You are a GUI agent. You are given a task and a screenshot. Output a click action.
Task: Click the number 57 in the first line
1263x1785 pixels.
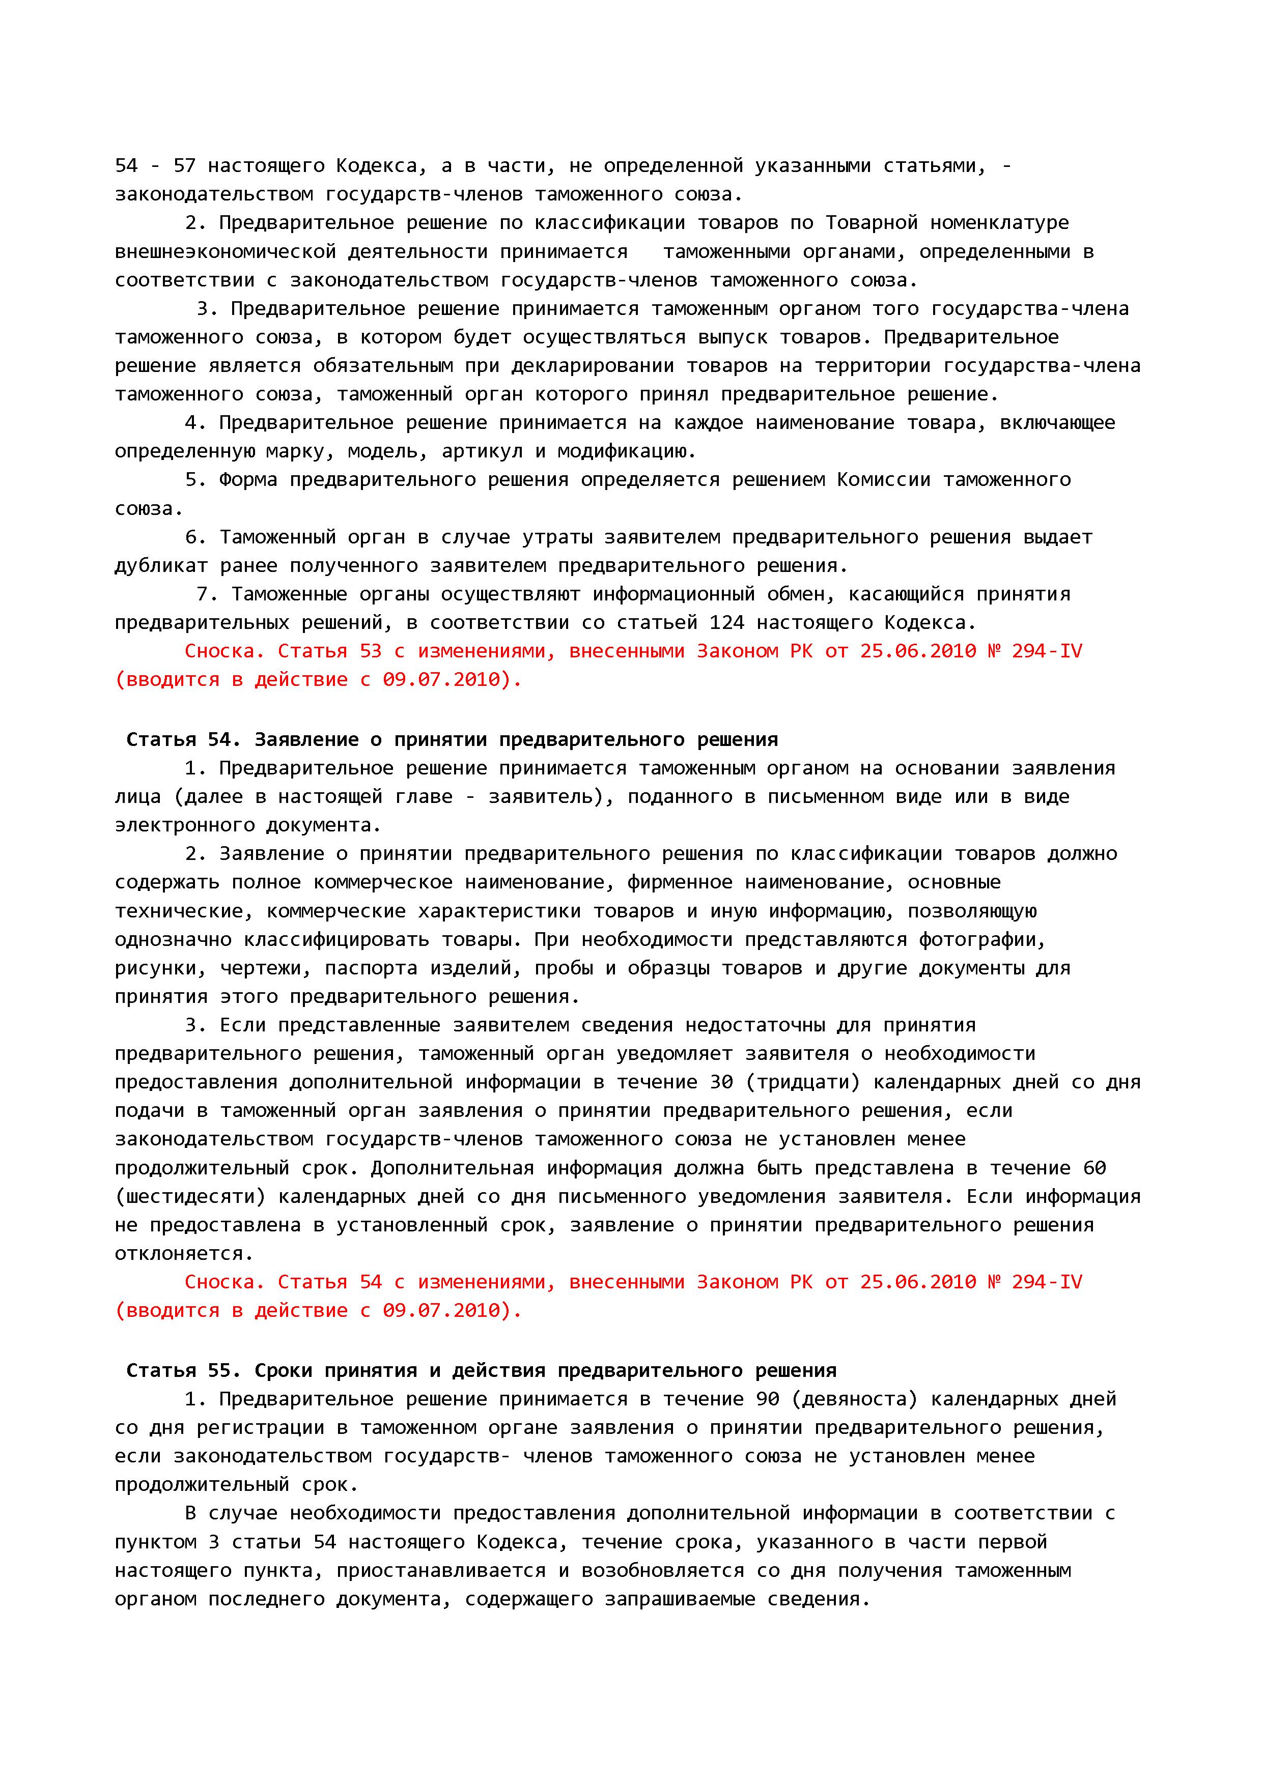pos(184,165)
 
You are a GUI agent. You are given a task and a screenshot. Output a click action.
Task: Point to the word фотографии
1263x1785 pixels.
pos(982,940)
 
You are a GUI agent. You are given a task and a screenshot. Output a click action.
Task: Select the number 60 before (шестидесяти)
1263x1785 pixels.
pos(1093,1168)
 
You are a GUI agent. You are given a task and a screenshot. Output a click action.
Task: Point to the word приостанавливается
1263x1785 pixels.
pos(441,1571)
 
